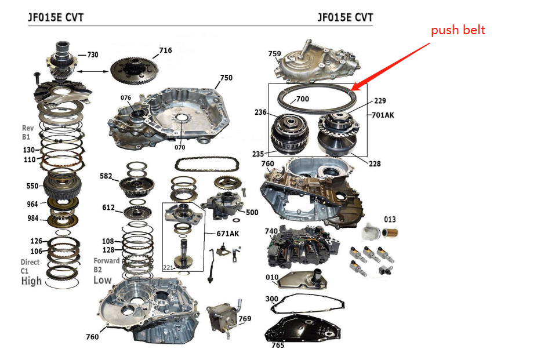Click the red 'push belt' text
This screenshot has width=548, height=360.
pos(458,30)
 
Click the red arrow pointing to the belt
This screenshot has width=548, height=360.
pos(394,66)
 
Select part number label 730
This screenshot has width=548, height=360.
pos(92,54)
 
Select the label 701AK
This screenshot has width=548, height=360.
pos(382,115)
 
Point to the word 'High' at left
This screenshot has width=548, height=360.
pos(31,281)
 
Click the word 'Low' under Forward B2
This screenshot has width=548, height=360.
pos(103,279)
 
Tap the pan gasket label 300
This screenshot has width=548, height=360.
pos(271,299)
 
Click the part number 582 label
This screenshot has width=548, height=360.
pos(106,175)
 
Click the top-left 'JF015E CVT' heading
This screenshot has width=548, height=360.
pos(56,17)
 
